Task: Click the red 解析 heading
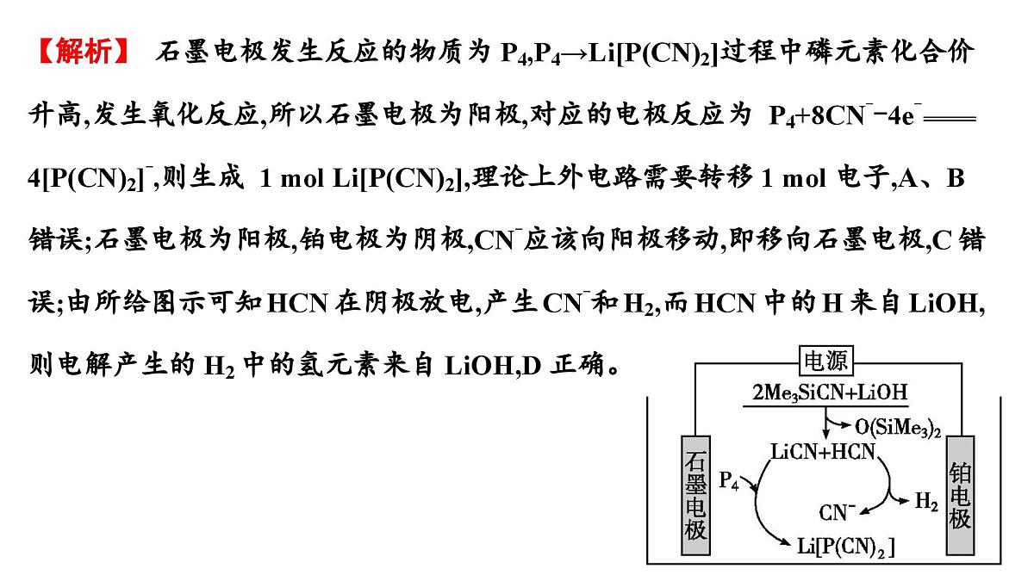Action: click(x=84, y=51)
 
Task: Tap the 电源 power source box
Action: click(x=826, y=361)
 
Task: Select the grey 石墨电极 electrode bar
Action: click(x=695, y=495)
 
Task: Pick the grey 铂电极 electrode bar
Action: click(x=961, y=495)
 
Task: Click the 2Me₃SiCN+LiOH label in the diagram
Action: click(x=830, y=392)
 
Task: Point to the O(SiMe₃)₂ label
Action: click(x=898, y=428)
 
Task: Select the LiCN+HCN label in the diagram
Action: click(x=823, y=451)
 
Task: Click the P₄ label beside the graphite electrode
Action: click(x=729, y=480)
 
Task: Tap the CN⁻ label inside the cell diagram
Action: click(x=837, y=512)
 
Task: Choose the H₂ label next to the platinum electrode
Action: click(x=926, y=501)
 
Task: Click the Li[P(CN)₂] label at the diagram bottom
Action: click(x=845, y=547)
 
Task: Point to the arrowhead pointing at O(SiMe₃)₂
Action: click(x=846, y=425)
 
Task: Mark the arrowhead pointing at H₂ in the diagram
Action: click(x=905, y=501)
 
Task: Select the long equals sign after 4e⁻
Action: click(x=950, y=119)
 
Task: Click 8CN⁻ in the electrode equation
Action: click(x=840, y=115)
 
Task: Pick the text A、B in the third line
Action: click(x=931, y=178)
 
